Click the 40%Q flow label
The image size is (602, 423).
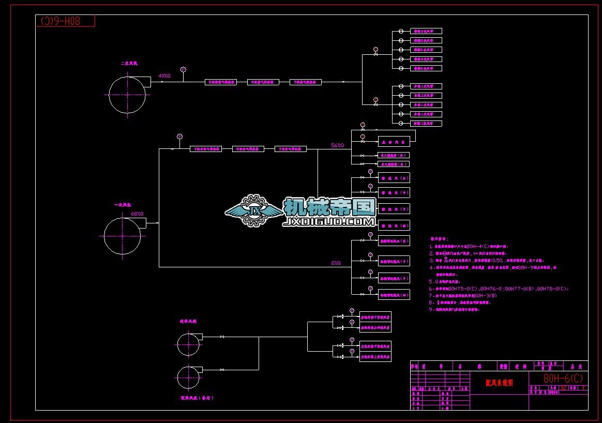coord(164,76)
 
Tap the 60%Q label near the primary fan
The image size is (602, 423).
coord(137,214)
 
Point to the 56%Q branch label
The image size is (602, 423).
coord(338,146)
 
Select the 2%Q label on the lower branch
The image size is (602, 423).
coord(336,263)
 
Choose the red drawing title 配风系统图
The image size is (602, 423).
coord(499,383)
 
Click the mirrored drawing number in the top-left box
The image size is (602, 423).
coord(65,21)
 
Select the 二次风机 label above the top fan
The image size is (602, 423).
coord(129,63)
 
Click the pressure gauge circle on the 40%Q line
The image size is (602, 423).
coord(183,69)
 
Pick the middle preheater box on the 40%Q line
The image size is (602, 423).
coord(265,82)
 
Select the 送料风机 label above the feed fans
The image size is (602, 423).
coord(188,321)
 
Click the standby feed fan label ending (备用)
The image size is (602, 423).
coord(197,398)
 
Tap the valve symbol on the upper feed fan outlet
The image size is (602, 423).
coord(222,337)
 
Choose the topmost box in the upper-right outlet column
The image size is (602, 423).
coord(426,31)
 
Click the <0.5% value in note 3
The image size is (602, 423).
coord(492,261)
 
